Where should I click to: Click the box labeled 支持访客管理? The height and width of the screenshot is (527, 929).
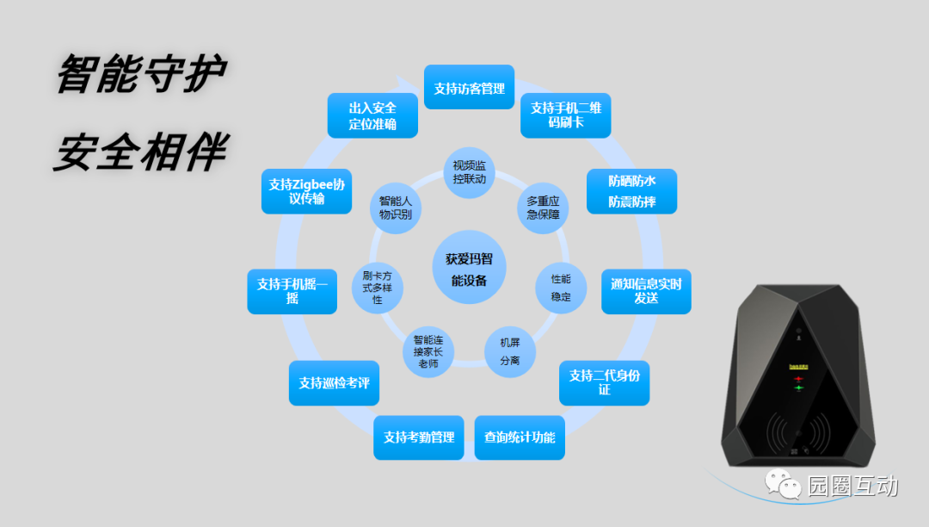coord(469,87)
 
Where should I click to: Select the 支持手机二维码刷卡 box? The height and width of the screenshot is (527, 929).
coord(565,115)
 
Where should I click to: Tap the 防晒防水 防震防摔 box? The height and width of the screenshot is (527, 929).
coord(631,191)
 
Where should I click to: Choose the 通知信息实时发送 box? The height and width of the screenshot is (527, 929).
coord(646,291)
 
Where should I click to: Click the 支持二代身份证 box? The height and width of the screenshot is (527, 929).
coord(604,382)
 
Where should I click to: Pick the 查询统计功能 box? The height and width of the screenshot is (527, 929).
coord(520,437)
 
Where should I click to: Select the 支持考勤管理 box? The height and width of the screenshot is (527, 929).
coord(419,437)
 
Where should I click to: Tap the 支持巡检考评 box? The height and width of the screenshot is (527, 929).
coord(334,382)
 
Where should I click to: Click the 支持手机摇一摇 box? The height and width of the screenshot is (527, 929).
coord(292,291)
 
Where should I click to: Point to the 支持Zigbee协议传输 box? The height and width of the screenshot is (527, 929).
coord(306,191)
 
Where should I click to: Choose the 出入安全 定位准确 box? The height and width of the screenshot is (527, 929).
coord(372,115)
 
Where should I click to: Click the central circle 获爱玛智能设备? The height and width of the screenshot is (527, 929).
coord(469,267)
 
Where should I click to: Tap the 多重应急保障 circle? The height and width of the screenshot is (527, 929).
coord(543,208)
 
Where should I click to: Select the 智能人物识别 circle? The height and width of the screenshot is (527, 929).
coord(396,208)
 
